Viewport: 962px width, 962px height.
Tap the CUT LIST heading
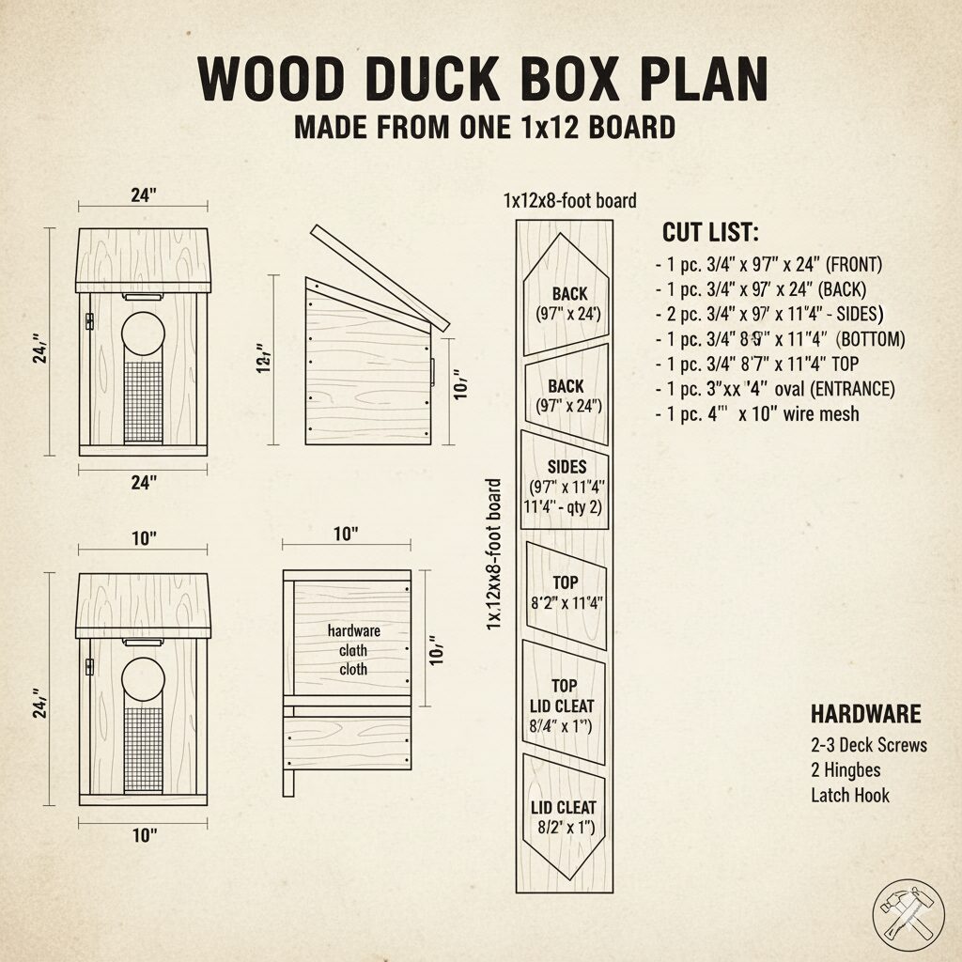(710, 232)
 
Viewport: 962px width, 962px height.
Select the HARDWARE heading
(865, 713)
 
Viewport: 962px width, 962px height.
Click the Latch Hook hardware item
(850, 796)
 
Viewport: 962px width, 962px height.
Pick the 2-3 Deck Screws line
(868, 745)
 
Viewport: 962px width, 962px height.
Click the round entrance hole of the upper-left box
(144, 334)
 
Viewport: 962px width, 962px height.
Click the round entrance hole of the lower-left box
(144, 680)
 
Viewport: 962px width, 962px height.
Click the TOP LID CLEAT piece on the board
(565, 705)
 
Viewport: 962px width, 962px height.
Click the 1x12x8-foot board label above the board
(569, 200)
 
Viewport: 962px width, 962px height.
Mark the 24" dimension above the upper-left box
(143, 196)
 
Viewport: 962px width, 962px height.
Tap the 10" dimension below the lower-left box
(143, 835)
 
